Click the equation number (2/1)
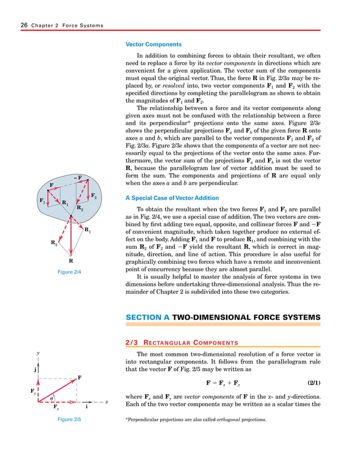(310, 383)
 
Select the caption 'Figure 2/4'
(70, 272)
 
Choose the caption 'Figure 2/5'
(70, 420)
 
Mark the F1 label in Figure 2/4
(42, 201)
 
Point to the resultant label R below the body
(71, 261)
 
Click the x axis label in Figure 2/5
(106, 402)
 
